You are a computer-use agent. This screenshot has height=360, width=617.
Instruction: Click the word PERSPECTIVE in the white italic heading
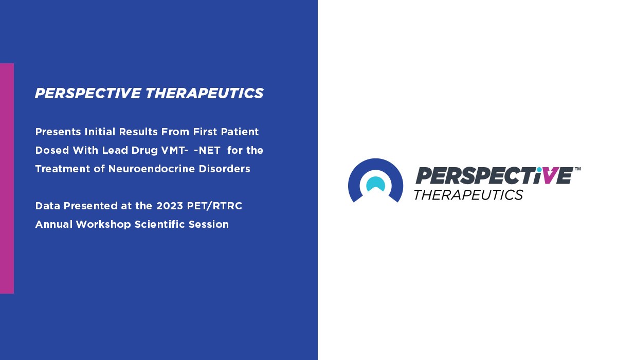pyautogui.click(x=87, y=94)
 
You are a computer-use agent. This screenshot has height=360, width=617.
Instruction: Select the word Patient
pyautogui.click(x=240, y=132)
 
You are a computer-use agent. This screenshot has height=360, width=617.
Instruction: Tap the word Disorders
pyautogui.click(x=229, y=169)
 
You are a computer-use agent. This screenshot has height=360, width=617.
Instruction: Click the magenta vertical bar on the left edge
pyautogui.click(x=7, y=178)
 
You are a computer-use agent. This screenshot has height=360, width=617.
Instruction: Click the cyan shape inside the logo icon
pyautogui.click(x=375, y=184)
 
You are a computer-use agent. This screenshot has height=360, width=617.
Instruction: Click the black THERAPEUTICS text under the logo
pyautogui.click(x=468, y=195)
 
